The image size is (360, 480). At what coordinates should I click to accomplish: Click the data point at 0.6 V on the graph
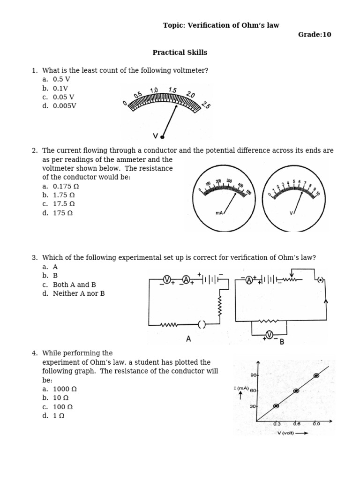[x=296, y=390]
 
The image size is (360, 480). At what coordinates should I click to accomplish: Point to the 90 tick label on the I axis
[x=253, y=375]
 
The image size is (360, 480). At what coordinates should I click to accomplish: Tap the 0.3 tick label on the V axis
[x=277, y=424]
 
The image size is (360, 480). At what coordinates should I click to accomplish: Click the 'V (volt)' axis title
[x=285, y=433]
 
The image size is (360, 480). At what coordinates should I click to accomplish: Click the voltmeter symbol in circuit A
[x=166, y=280]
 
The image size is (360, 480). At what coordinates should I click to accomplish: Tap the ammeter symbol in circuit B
[x=249, y=280]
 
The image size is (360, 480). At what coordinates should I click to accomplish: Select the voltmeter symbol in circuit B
[x=269, y=334]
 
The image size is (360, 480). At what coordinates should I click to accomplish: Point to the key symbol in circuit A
[x=202, y=324]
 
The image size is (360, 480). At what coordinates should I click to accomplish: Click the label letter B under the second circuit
[x=282, y=342]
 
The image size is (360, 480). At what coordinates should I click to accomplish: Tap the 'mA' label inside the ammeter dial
[x=219, y=213]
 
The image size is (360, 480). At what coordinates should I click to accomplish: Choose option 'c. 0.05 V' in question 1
[x=58, y=97]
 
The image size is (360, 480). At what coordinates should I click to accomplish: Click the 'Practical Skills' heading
[x=180, y=52]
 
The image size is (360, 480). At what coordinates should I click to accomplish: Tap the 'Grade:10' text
[x=315, y=35]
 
